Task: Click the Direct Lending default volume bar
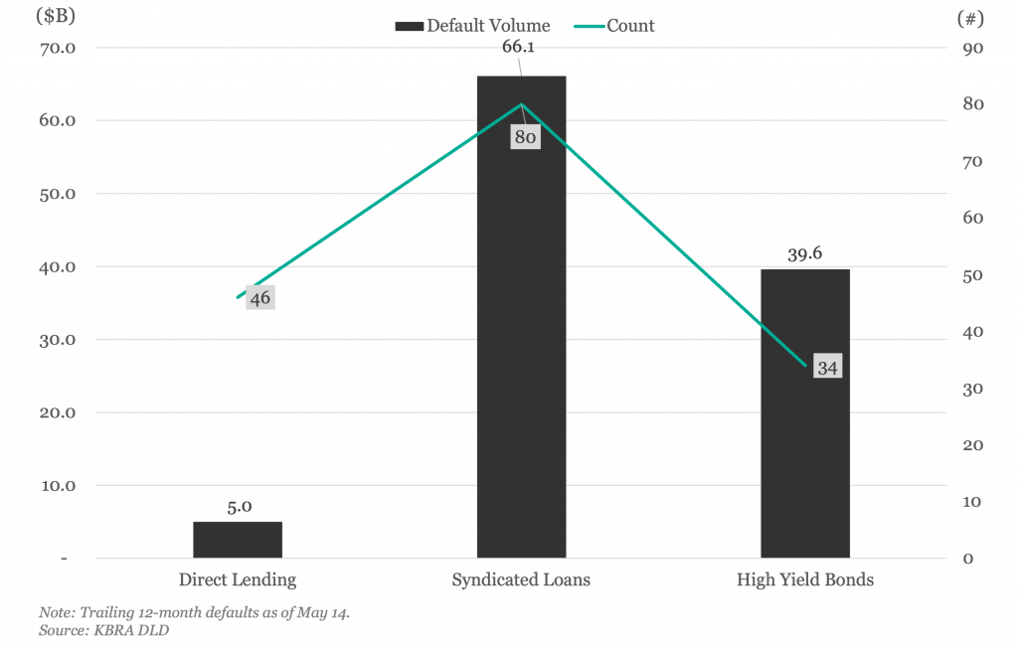click(x=238, y=540)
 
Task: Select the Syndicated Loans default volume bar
click(x=521, y=317)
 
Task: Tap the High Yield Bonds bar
click(x=805, y=413)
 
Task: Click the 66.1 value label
click(x=518, y=47)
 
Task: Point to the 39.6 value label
click(x=805, y=253)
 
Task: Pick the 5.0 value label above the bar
click(x=240, y=507)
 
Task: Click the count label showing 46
click(x=260, y=298)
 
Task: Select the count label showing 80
click(x=525, y=137)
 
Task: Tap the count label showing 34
click(x=827, y=368)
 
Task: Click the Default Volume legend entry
click(x=472, y=26)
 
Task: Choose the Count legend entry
click(x=614, y=26)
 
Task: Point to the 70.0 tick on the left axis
click(x=57, y=48)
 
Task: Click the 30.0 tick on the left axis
click(x=57, y=340)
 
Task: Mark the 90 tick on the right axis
click(x=972, y=48)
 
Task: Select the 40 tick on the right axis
click(x=972, y=332)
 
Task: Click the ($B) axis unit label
click(x=56, y=16)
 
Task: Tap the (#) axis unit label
click(x=970, y=18)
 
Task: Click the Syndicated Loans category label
click(x=521, y=579)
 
